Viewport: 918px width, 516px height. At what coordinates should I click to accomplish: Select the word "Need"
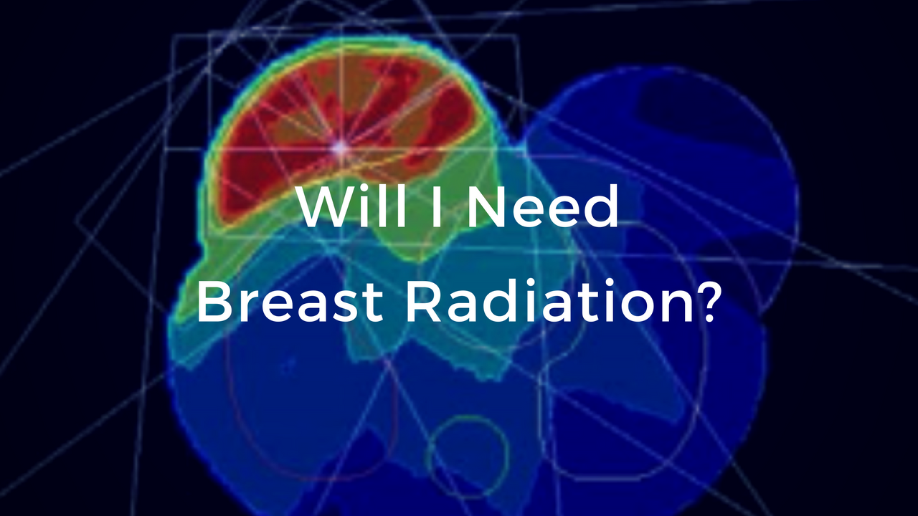546,208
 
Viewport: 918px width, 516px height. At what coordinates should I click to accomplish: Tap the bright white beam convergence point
340,148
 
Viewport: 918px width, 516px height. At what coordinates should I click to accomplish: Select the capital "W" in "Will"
326,208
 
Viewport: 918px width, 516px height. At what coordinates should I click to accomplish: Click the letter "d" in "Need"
601,208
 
